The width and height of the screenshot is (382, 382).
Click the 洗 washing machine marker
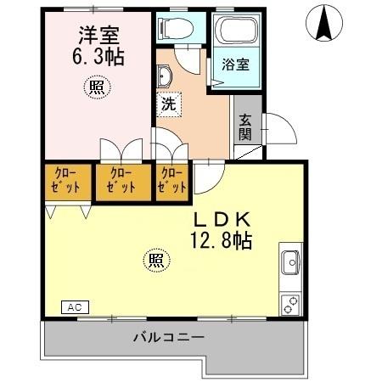pyautogui.click(x=168, y=106)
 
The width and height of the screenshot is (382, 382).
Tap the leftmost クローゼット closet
pyautogui.click(x=65, y=182)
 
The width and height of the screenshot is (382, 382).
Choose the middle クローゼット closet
pyautogui.click(x=121, y=182)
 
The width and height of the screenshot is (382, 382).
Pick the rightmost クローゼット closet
pyautogui.click(x=171, y=182)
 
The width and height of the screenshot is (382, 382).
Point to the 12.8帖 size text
pyautogui.click(x=222, y=240)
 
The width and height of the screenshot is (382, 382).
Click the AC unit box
pyautogui.click(x=75, y=306)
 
